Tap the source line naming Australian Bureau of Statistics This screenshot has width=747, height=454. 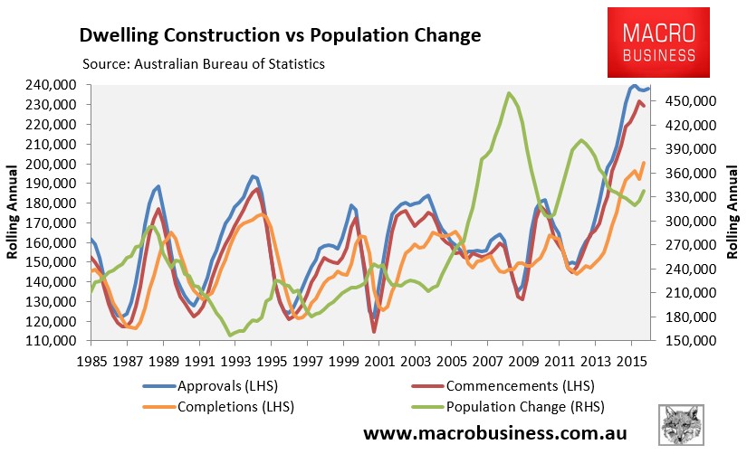[x=203, y=64]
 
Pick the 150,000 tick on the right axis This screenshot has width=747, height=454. [x=693, y=341]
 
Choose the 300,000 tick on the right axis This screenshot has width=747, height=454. [x=693, y=221]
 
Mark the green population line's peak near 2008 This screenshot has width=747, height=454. [x=509, y=92]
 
